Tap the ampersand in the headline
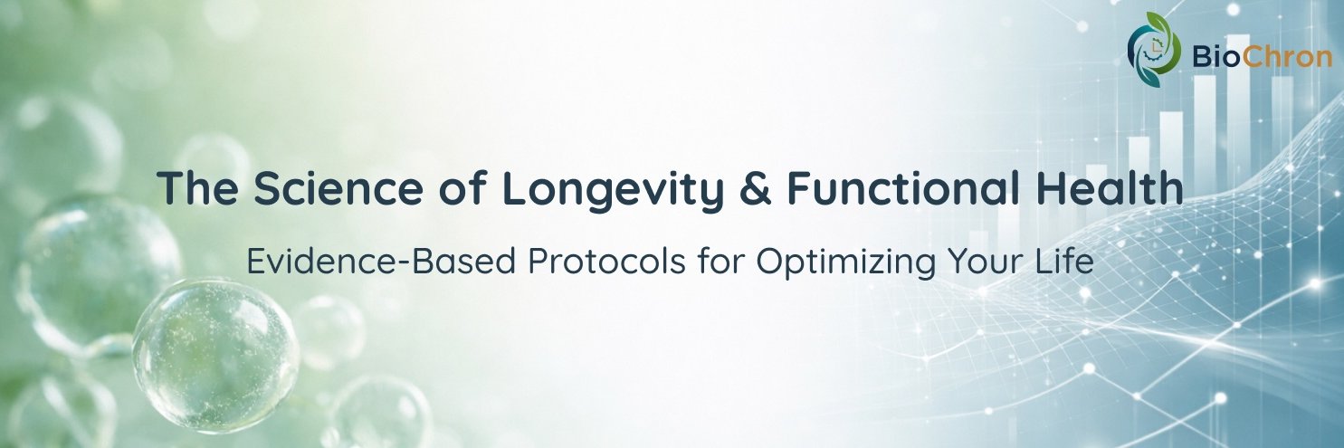click(755, 188)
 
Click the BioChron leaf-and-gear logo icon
click(1153, 49)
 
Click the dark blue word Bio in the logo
click(1215, 58)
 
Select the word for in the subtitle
click(720, 262)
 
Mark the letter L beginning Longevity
click(513, 188)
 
